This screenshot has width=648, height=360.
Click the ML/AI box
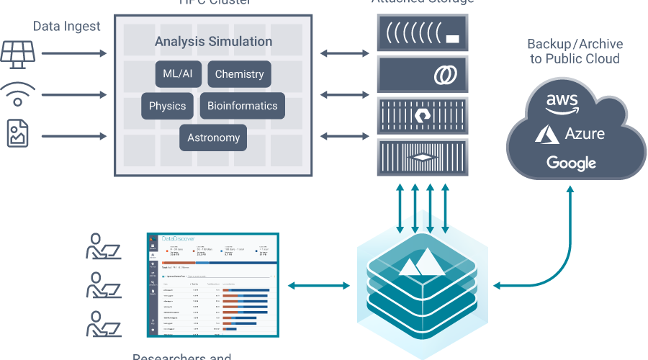pos(177,74)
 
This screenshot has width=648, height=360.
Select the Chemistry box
pos(239,74)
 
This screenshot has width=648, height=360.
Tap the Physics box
pos(167,106)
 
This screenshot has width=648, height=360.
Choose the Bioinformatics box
pos(242,106)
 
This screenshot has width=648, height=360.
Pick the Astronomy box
pos(213,138)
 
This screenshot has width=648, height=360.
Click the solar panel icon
pos(17,53)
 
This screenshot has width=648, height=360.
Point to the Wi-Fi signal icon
pos(17,94)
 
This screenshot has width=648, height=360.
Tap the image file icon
pos(18,135)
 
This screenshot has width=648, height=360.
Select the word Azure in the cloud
pos(584,133)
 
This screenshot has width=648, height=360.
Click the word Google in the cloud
pos(571,163)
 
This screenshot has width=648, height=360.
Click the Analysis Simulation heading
pos(213,42)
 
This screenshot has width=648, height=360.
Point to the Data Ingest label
pos(67,27)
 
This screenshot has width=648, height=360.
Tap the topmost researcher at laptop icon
pos(103,246)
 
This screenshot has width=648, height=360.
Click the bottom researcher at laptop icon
pos(103,324)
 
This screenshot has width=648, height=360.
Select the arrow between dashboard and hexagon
pos(318,286)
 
